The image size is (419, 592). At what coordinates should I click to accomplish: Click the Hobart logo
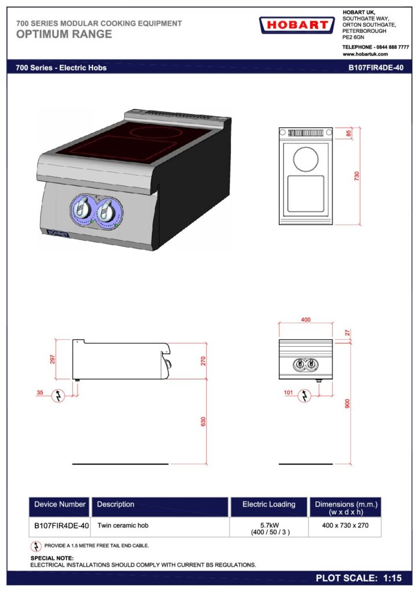(297, 25)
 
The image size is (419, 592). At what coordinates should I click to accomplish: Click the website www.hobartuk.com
(365, 54)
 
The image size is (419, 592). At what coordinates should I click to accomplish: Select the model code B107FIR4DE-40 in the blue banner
(376, 68)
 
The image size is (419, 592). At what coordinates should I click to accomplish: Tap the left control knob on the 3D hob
(82, 209)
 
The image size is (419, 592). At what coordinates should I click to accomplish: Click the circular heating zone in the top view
(306, 159)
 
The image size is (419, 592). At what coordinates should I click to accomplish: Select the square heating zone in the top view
(306, 194)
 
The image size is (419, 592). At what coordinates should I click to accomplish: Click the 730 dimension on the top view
(356, 176)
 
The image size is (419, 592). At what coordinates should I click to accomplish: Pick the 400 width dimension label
(306, 319)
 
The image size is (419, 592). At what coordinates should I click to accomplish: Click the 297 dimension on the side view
(53, 359)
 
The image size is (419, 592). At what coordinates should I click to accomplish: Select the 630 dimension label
(203, 421)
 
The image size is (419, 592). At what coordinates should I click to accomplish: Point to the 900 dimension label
(347, 404)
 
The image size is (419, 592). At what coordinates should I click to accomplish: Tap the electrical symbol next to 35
(58, 395)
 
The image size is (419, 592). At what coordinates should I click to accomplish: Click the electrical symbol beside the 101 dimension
(304, 395)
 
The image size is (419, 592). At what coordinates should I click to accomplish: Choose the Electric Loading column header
(269, 504)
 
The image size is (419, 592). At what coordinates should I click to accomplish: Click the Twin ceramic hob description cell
(123, 525)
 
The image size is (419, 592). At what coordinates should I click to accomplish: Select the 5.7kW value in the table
(270, 525)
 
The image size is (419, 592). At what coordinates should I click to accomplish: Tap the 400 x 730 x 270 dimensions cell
(346, 525)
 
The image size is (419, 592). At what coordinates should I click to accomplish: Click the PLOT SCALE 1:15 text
(359, 578)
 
